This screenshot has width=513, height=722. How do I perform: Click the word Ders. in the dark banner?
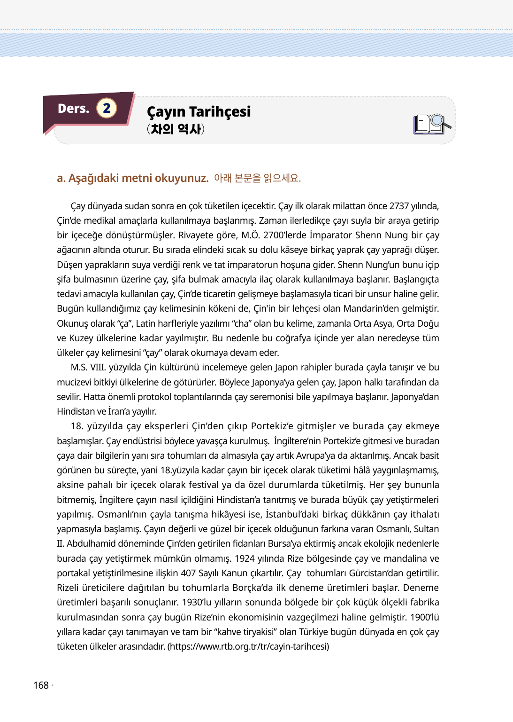(x=73, y=109)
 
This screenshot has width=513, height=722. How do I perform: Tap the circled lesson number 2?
(x=107, y=108)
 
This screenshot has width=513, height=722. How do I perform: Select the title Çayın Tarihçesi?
(x=199, y=112)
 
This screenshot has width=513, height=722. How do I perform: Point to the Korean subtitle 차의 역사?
(x=176, y=129)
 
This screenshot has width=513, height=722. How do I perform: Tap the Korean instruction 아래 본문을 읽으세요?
(x=257, y=178)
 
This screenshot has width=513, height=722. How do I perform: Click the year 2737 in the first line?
(x=399, y=206)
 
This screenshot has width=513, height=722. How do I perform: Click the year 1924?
(x=244, y=558)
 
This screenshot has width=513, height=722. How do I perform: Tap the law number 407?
(x=188, y=573)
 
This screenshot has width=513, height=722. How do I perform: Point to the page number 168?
(x=41, y=685)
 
